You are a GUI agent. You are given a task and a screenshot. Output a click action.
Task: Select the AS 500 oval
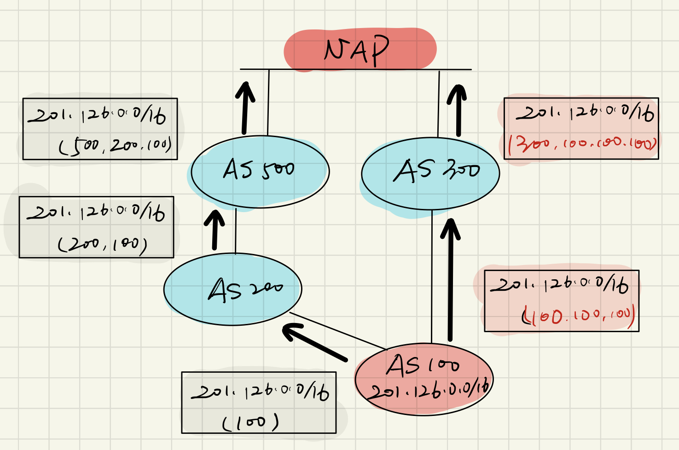260,171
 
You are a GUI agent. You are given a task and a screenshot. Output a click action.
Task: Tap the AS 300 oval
430,173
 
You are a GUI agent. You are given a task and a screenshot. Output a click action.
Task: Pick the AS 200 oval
233,289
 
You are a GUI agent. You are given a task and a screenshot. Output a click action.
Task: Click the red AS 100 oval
424,378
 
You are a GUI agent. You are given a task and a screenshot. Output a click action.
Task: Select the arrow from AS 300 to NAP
458,110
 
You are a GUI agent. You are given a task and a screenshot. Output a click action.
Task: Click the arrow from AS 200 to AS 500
215,230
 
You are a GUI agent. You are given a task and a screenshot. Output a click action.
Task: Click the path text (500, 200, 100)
115,145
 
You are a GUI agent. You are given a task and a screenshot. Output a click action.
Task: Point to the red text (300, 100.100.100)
582,144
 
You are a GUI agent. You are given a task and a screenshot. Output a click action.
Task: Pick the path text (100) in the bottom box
251,422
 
